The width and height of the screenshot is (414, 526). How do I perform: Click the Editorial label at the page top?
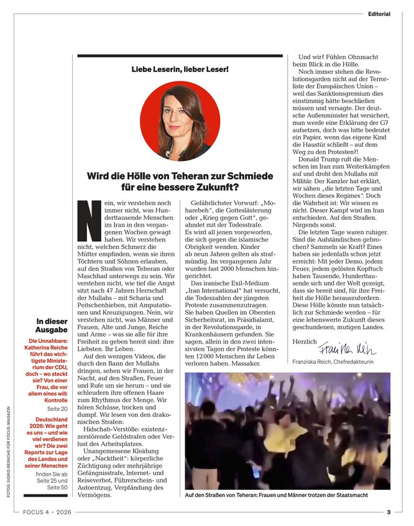coord(379,13)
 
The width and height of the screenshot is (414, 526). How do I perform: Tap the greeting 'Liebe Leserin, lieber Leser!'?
coord(180,70)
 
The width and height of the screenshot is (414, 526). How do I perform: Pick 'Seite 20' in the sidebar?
coord(58,391)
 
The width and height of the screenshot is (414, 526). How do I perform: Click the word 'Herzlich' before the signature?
coord(303,342)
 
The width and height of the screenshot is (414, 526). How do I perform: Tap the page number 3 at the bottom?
coord(388,512)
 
